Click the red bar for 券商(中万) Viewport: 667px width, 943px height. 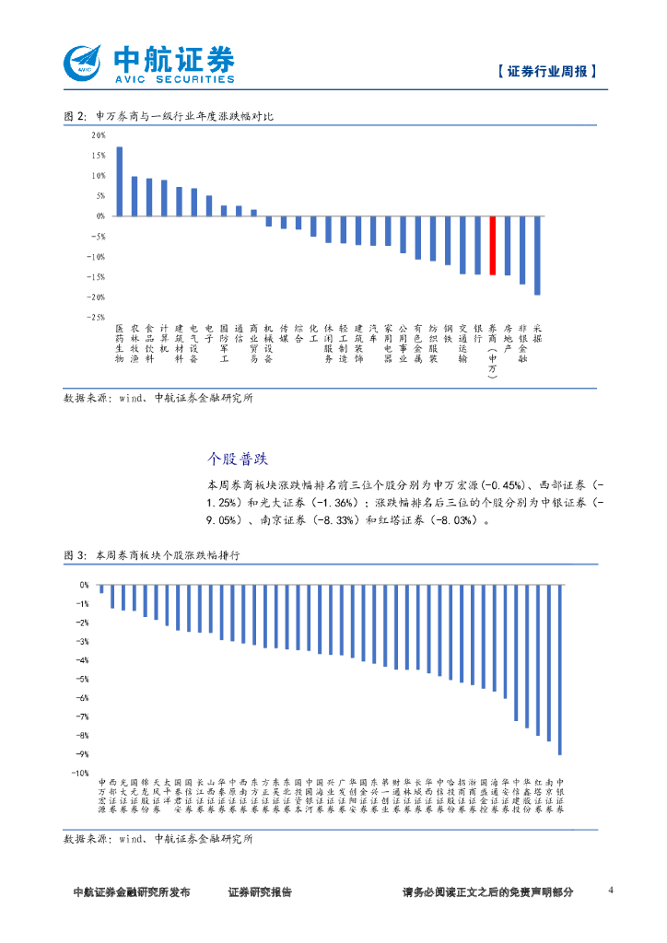pyautogui.click(x=493, y=245)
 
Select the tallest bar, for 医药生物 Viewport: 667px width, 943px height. pyautogui.click(x=119, y=181)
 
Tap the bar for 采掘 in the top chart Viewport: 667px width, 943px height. pyautogui.click(x=537, y=255)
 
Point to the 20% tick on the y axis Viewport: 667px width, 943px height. pyautogui.click(x=98, y=135)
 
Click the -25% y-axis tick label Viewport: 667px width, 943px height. pyautogui.click(x=96, y=317)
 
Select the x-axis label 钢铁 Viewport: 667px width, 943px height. pyautogui.click(x=448, y=332)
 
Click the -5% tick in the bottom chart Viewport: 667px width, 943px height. pyautogui.click(x=83, y=679)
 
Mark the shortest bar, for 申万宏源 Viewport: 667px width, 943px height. pyautogui.click(x=101, y=588)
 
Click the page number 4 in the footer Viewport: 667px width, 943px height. pyautogui.click(x=612, y=891)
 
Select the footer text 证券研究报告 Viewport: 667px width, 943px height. pyautogui.click(x=260, y=892)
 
